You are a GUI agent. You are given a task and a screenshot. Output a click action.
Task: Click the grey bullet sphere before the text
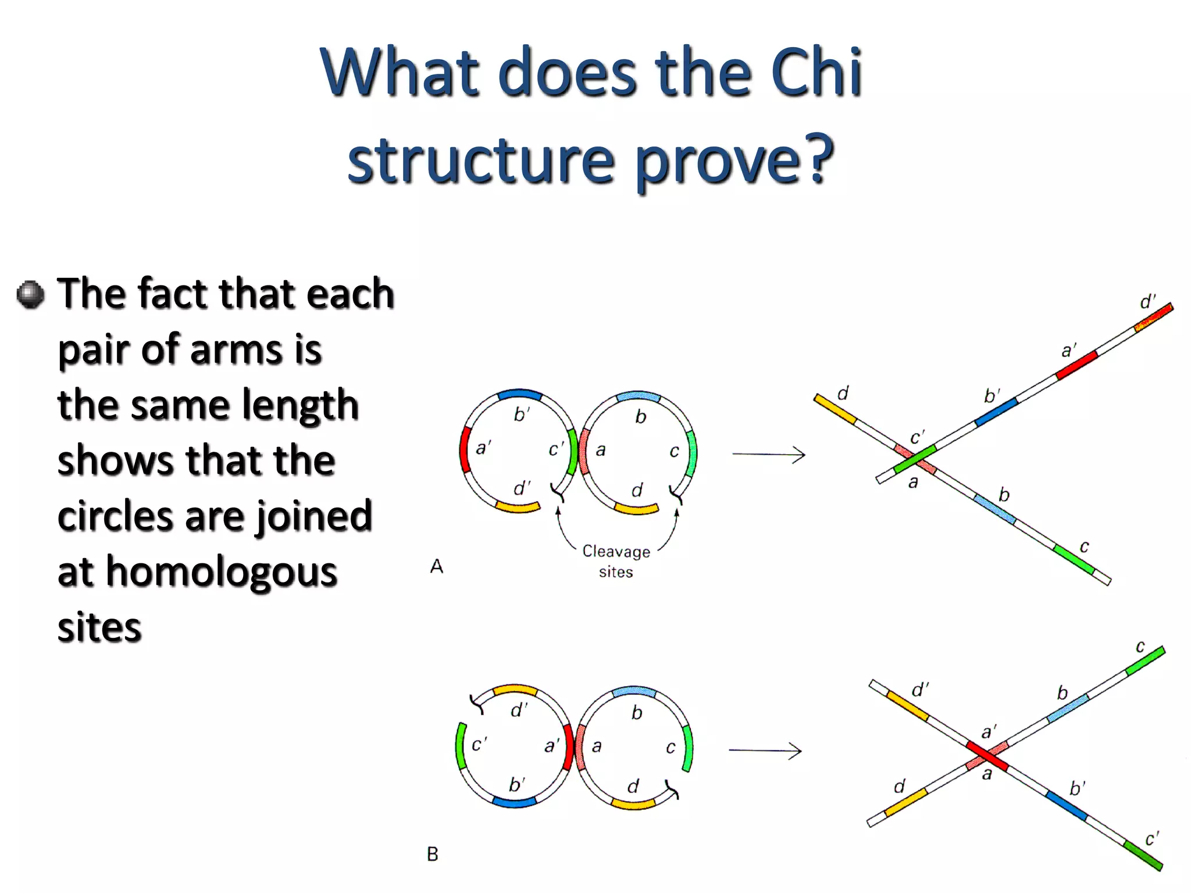coord(30,295)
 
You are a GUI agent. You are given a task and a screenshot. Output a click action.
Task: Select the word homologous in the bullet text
coord(221,573)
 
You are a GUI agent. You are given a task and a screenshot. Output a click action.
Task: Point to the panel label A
coord(437,566)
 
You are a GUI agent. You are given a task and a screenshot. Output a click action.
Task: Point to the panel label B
coord(433,854)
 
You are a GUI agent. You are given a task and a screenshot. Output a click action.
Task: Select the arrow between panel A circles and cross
coord(768,454)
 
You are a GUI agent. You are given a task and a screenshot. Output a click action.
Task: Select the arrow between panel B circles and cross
coord(765,751)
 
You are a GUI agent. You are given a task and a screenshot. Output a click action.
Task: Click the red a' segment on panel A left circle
coord(464,450)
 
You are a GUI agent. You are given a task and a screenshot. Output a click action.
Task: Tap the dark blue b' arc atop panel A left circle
coord(519,394)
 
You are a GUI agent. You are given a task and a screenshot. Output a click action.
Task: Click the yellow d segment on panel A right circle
coord(636,510)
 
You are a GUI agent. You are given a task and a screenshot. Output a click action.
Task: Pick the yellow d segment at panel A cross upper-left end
coord(835,408)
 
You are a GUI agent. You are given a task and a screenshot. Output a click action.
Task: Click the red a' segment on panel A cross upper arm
coord(1076,365)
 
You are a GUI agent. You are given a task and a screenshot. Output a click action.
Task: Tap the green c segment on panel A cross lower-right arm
coord(1074,560)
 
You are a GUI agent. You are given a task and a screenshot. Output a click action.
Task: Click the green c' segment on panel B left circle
coord(459,746)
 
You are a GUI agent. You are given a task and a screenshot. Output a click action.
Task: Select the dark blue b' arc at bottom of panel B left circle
coord(515,802)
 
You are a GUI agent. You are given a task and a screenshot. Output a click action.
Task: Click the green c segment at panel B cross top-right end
coord(1145,661)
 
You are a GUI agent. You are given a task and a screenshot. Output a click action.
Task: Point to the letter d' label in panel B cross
coord(920,690)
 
